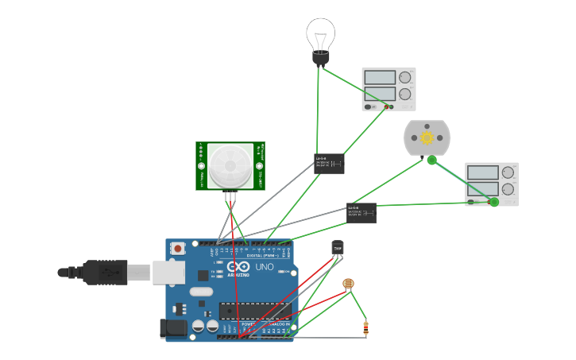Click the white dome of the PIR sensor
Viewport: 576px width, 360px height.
click(x=230, y=165)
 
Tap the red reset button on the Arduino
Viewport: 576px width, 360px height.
click(x=178, y=248)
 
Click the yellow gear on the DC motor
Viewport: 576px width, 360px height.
click(x=427, y=138)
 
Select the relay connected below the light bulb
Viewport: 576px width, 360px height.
click(x=329, y=164)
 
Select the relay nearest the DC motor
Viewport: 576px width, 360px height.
click(x=361, y=212)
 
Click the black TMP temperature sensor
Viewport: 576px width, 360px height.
click(x=338, y=249)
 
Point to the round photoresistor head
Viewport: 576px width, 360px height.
click(x=348, y=283)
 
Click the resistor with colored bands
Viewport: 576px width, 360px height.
click(x=365, y=327)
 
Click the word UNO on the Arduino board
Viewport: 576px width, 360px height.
click(x=264, y=267)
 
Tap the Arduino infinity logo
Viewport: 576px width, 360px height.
click(x=238, y=266)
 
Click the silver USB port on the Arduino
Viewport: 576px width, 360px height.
click(x=168, y=272)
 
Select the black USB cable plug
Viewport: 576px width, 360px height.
click(x=103, y=272)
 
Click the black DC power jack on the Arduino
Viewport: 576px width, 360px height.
click(x=173, y=328)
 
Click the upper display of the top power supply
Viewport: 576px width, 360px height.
click(x=380, y=77)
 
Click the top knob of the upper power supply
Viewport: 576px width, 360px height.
click(x=405, y=77)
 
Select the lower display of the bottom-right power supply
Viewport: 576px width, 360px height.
click(x=482, y=188)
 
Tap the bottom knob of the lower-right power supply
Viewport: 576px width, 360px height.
click(x=508, y=189)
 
